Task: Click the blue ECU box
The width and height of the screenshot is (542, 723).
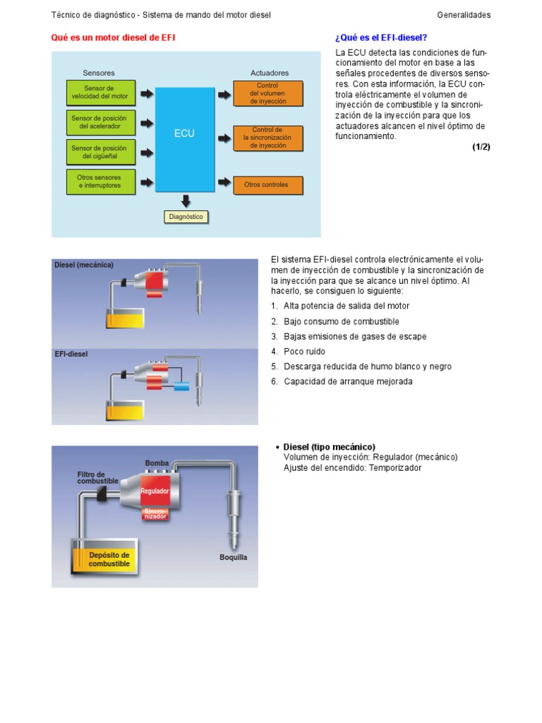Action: coord(185,138)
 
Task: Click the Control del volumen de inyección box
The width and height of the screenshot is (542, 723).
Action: coord(268,93)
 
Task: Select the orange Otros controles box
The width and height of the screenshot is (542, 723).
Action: coord(268,185)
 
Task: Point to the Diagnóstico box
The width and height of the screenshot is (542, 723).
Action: coord(186,217)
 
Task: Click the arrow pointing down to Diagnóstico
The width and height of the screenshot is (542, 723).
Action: coord(186,201)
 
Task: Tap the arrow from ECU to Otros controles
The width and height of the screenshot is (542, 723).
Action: coord(224,183)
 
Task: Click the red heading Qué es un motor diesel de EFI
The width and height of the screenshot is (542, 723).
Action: coord(113,37)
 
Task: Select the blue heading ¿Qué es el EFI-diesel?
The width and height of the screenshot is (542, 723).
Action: coord(381,37)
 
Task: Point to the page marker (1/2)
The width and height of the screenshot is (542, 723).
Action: coord(481,147)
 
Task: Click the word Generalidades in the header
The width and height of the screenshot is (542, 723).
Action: coord(464,15)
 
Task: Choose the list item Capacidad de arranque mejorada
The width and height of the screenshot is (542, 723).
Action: coord(348,382)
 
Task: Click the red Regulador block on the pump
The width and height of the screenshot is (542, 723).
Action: coord(155,491)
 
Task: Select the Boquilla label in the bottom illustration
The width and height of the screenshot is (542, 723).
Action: coord(233,557)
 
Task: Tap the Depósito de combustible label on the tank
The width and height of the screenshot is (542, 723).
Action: coord(109,560)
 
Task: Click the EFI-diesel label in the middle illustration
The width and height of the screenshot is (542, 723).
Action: coord(71,354)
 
